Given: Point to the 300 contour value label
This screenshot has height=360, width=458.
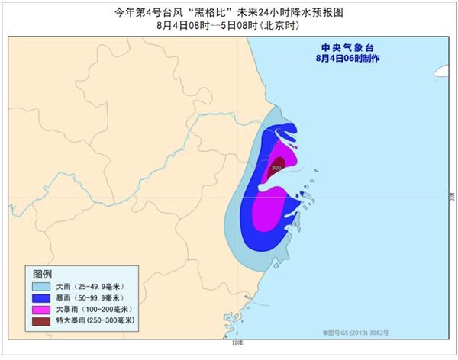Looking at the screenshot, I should tap(276, 167).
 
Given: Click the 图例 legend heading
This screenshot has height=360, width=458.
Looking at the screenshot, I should tap(42, 273).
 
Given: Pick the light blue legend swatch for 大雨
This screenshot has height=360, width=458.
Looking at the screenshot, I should tap(41, 286).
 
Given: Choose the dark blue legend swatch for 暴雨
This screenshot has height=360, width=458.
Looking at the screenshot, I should tap(41, 297).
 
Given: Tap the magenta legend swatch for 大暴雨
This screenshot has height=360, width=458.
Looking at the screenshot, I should tap(41, 309).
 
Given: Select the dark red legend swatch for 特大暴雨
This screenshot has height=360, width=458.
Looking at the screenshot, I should tap(41, 320).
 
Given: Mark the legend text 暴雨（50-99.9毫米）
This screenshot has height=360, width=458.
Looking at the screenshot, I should tap(91, 297).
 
